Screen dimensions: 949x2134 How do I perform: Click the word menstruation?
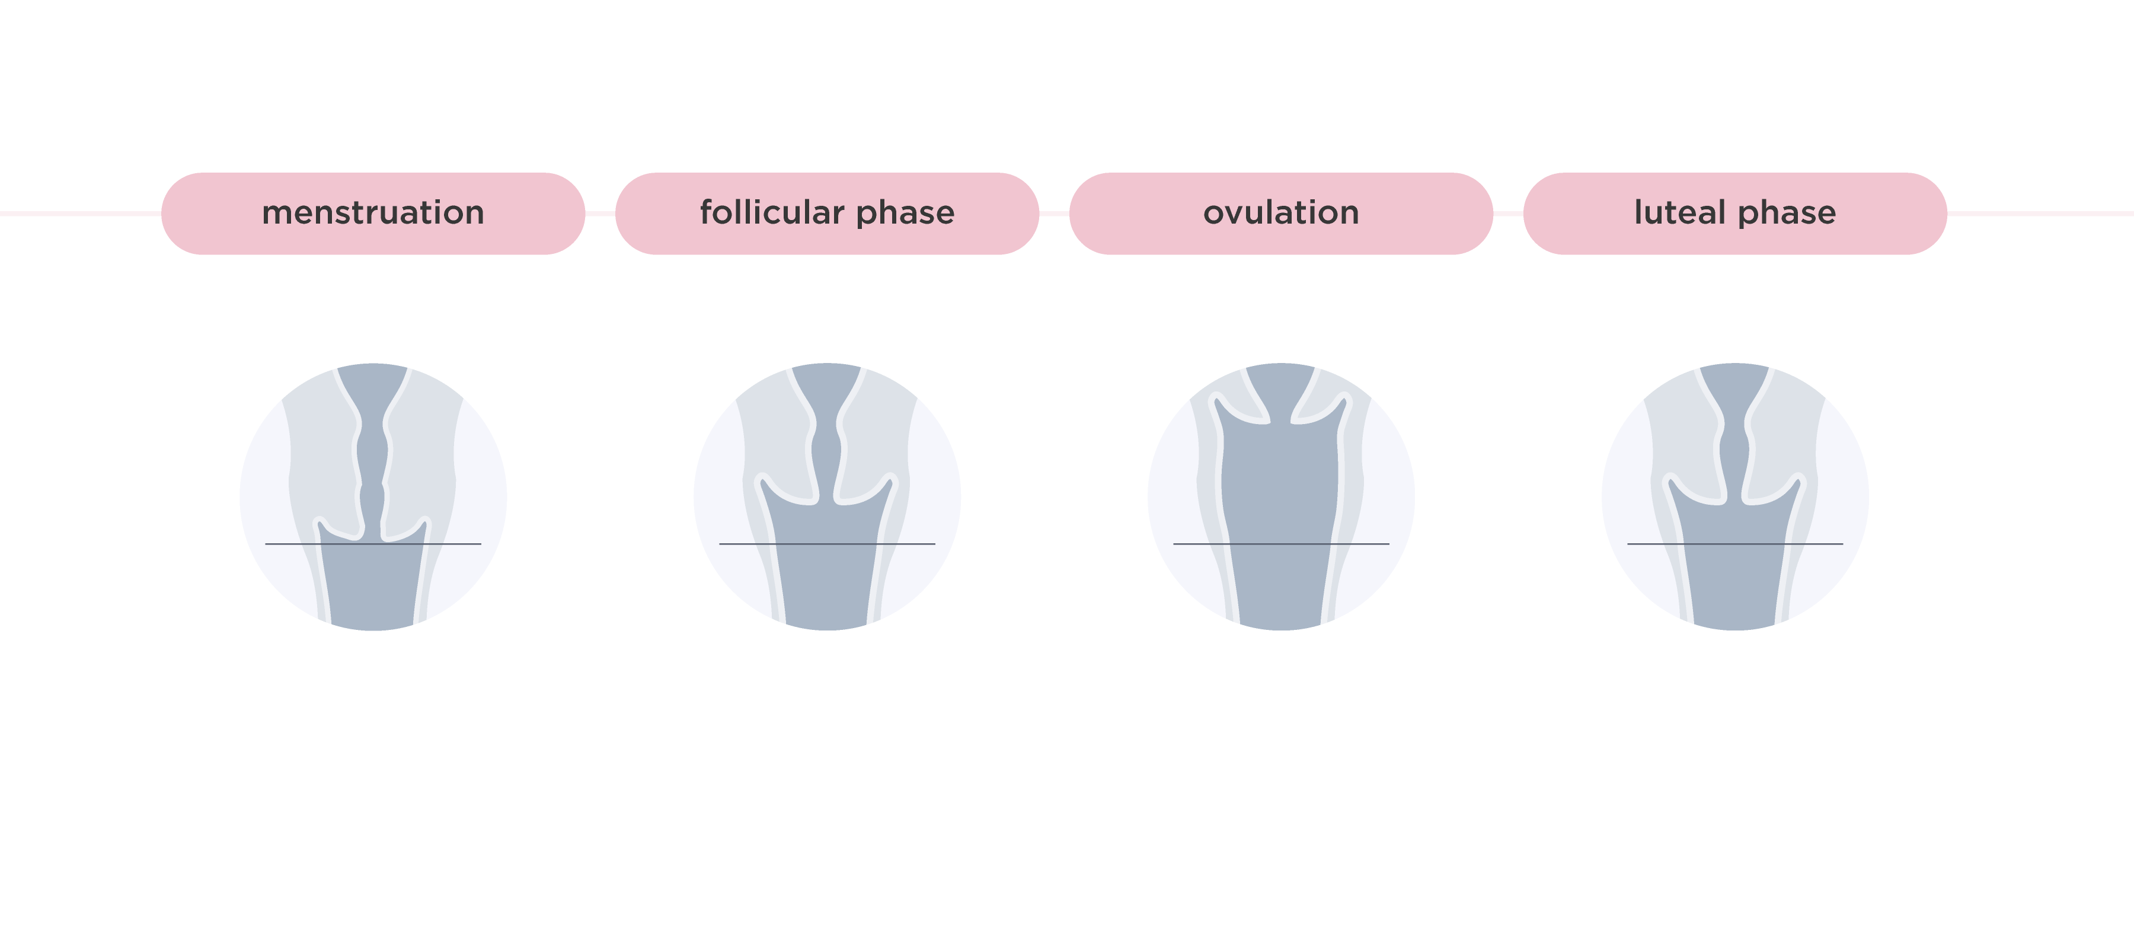(373, 213)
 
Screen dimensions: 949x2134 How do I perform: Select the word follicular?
(771, 213)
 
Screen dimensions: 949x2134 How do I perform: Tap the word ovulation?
(1281, 213)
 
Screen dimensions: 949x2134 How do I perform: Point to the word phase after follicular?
(905, 213)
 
